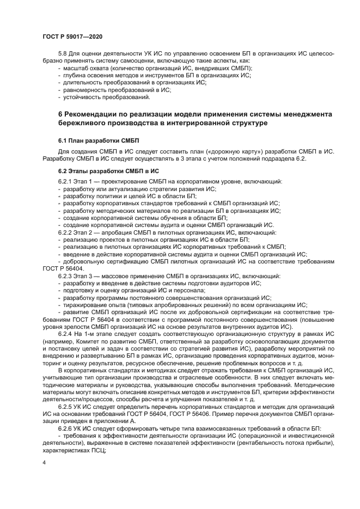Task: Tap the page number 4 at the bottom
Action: pos(44,462)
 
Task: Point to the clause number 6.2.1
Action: pos(65,181)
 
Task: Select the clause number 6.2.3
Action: pos(65,277)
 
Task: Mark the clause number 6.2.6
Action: pos(65,428)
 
